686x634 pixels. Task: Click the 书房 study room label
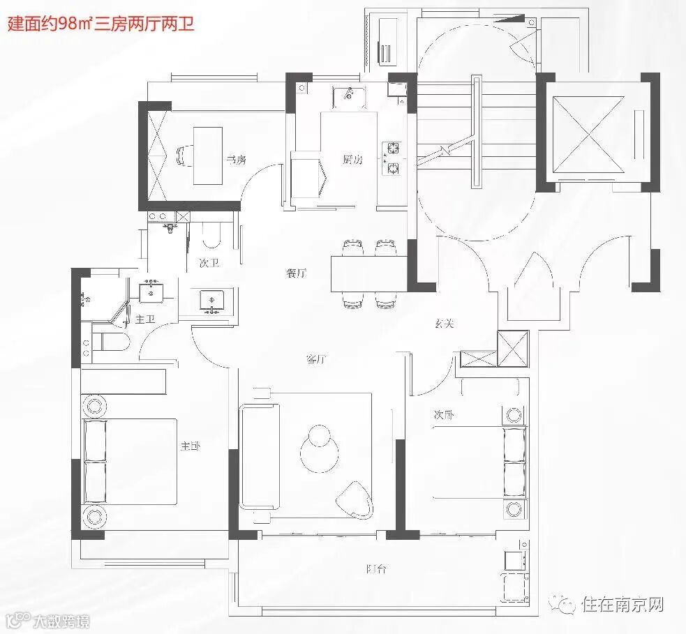coord(236,160)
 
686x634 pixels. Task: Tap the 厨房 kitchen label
coord(352,159)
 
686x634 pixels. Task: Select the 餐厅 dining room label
coord(296,273)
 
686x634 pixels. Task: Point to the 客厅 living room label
coord(317,360)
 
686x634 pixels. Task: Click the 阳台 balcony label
coord(376,569)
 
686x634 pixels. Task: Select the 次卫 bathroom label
coord(209,263)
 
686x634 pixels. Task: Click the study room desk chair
coord(183,154)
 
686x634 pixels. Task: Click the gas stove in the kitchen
coord(392,158)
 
